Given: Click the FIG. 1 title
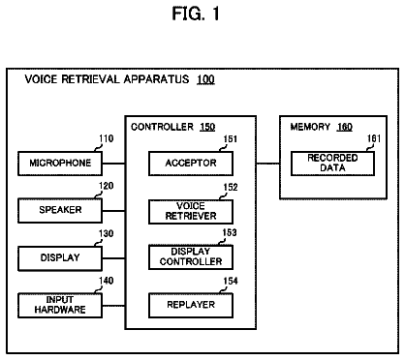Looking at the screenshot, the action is (x=196, y=14).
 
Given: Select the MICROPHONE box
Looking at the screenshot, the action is (x=60, y=164).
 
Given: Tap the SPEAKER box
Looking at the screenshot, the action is (x=60, y=211).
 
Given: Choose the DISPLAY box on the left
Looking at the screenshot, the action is (x=60, y=258).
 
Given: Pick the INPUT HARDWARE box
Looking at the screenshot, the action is (x=60, y=306).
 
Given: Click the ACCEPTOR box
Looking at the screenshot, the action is (x=191, y=164).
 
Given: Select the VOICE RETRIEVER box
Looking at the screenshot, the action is (x=191, y=212).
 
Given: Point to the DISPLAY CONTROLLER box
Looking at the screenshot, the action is (x=191, y=257).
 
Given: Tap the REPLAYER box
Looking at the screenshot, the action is (x=191, y=305).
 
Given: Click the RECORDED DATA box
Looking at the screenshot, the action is (x=332, y=164).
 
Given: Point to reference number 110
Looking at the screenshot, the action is (x=107, y=138).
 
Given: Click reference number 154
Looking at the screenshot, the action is (x=231, y=281).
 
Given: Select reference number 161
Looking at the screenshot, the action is (x=374, y=138).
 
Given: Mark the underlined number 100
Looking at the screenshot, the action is (x=205, y=79).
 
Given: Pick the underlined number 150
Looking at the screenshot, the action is (x=207, y=127).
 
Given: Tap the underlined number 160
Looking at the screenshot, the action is (x=344, y=127).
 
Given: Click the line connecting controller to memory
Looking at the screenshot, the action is (x=268, y=164).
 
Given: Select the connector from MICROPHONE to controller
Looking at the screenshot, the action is (x=113, y=164).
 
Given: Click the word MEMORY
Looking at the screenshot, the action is (x=310, y=127).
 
